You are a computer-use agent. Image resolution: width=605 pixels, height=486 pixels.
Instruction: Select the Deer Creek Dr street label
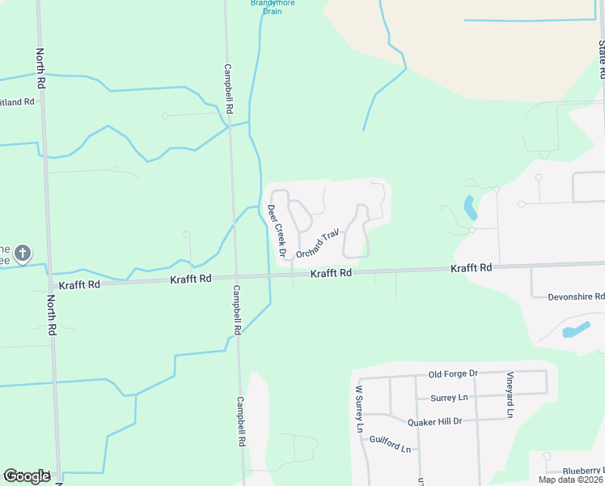coord(277,231)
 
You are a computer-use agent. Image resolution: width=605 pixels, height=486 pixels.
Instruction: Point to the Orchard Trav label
coord(315,245)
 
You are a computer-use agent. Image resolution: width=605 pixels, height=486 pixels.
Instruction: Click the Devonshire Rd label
coord(576,296)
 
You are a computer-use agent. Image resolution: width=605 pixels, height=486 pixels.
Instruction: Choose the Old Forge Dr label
coord(453,373)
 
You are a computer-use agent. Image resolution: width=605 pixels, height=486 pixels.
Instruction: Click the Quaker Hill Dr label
coord(434,421)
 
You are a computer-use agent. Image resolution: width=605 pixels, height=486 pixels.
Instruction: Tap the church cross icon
coord(23,254)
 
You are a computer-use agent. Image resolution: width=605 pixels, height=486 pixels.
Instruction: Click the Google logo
coord(27,475)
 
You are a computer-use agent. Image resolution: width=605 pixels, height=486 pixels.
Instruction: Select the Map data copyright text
coord(570,480)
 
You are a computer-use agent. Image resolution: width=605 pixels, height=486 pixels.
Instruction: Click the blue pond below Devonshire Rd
coord(575,330)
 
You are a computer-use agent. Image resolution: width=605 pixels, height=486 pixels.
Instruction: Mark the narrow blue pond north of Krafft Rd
coord(469,208)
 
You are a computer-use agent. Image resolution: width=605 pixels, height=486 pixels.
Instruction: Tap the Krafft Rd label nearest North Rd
coord(78,285)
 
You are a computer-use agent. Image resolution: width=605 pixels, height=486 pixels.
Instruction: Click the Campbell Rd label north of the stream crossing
coord(229,88)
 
